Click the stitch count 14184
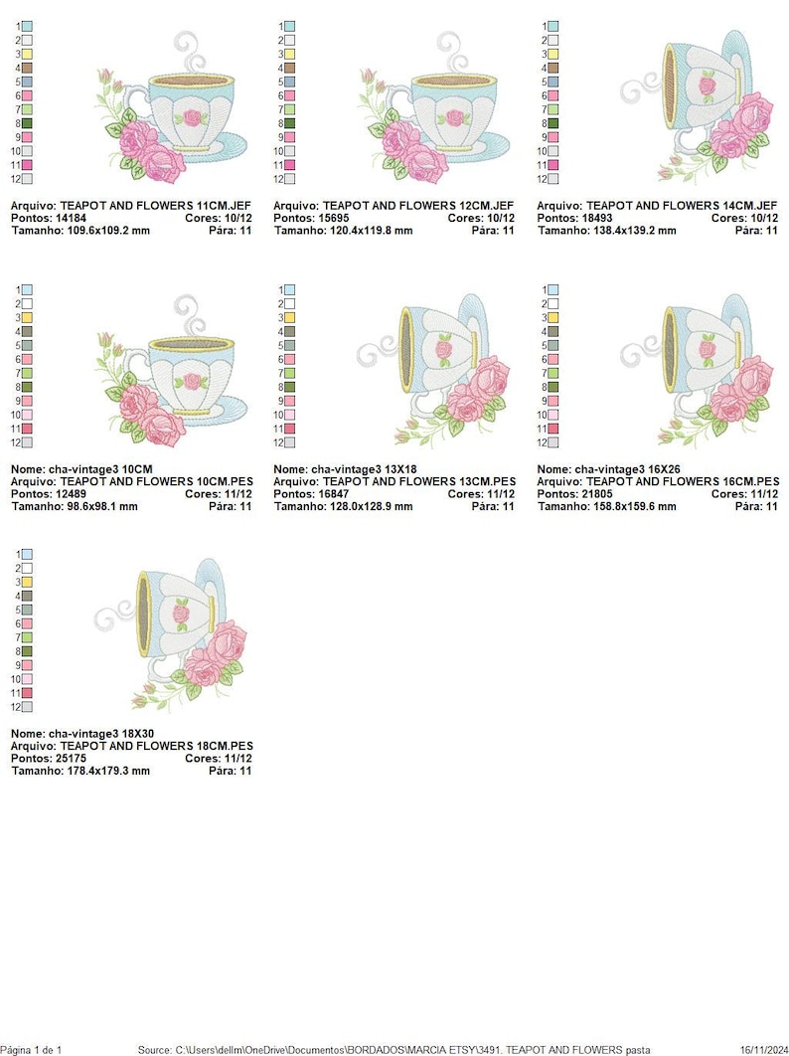pyautogui.click(x=68, y=218)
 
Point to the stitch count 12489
pyautogui.click(x=68, y=493)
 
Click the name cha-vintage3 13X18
pyautogui.click(x=364, y=469)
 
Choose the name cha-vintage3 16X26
pyautogui.click(x=627, y=469)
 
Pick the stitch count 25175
pyautogui.click(x=68, y=759)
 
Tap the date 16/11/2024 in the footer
pyautogui.click(x=763, y=1050)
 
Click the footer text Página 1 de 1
pyautogui.click(x=32, y=1050)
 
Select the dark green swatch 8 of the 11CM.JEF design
pyautogui.click(x=27, y=123)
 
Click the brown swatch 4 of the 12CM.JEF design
pyautogui.click(x=289, y=68)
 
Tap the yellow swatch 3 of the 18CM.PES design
pyautogui.click(x=27, y=582)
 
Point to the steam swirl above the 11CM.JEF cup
pyautogui.click(x=190, y=50)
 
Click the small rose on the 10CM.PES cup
pyautogui.click(x=193, y=382)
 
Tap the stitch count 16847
pyautogui.click(x=331, y=493)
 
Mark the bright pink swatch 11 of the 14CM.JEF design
pyautogui.click(x=553, y=165)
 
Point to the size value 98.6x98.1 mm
pyautogui.click(x=98, y=506)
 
